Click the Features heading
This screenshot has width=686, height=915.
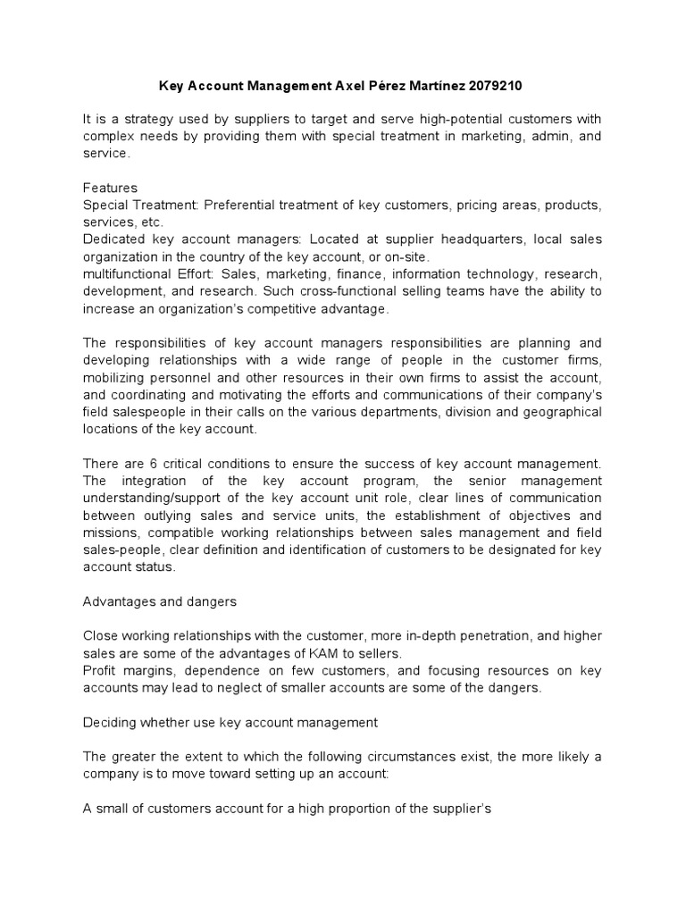[x=110, y=189]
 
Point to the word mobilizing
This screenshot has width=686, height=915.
[x=112, y=378]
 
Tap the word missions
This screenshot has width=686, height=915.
[x=110, y=533]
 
